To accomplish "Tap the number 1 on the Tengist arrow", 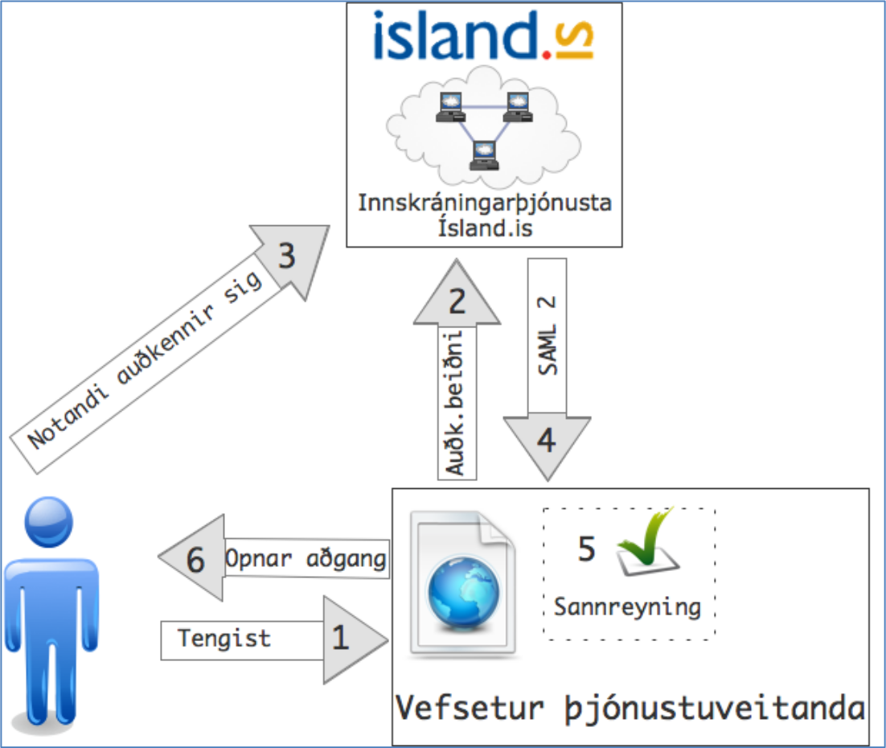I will [x=341, y=638].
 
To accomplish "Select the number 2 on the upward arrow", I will [x=457, y=302].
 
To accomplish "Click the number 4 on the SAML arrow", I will [x=546, y=440].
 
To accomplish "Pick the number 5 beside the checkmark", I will [x=587, y=549].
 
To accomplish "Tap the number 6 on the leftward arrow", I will [x=196, y=561].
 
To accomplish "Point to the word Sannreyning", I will [x=627, y=606].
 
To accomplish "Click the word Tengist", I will [x=224, y=639].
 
